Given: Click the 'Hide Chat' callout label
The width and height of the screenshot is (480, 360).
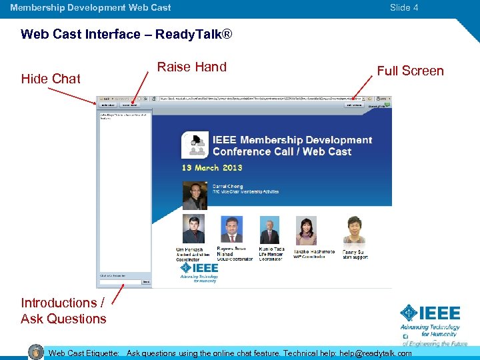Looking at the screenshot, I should (51, 79).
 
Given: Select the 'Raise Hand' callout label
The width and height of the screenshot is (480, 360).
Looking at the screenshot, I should (191, 67).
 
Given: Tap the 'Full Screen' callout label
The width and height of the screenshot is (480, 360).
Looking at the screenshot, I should (410, 71).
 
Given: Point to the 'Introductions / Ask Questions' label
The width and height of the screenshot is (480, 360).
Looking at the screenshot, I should (63, 311).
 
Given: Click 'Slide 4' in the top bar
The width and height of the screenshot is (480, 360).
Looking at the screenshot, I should (404, 7).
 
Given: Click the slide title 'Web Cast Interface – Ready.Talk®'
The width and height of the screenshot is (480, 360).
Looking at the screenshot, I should (127, 34).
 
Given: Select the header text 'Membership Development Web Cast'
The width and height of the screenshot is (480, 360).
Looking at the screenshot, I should (91, 7).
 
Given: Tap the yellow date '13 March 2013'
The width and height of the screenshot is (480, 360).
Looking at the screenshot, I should (212, 168).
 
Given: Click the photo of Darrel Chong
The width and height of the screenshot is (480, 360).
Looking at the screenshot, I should (195, 195).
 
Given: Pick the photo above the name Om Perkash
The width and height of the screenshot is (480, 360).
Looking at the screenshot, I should (194, 230).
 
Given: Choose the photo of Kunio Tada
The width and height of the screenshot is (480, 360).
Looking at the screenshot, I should (270, 231).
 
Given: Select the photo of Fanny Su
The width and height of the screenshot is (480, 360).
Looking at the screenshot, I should (353, 231).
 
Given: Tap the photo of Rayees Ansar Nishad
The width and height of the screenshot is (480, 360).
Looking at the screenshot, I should (233, 231).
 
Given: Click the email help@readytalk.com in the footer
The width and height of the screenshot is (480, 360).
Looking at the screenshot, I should (375, 353).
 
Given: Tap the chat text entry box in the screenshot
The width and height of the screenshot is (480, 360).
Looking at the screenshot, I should (120, 282).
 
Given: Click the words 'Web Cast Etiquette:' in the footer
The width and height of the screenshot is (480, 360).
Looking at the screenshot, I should (84, 353).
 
